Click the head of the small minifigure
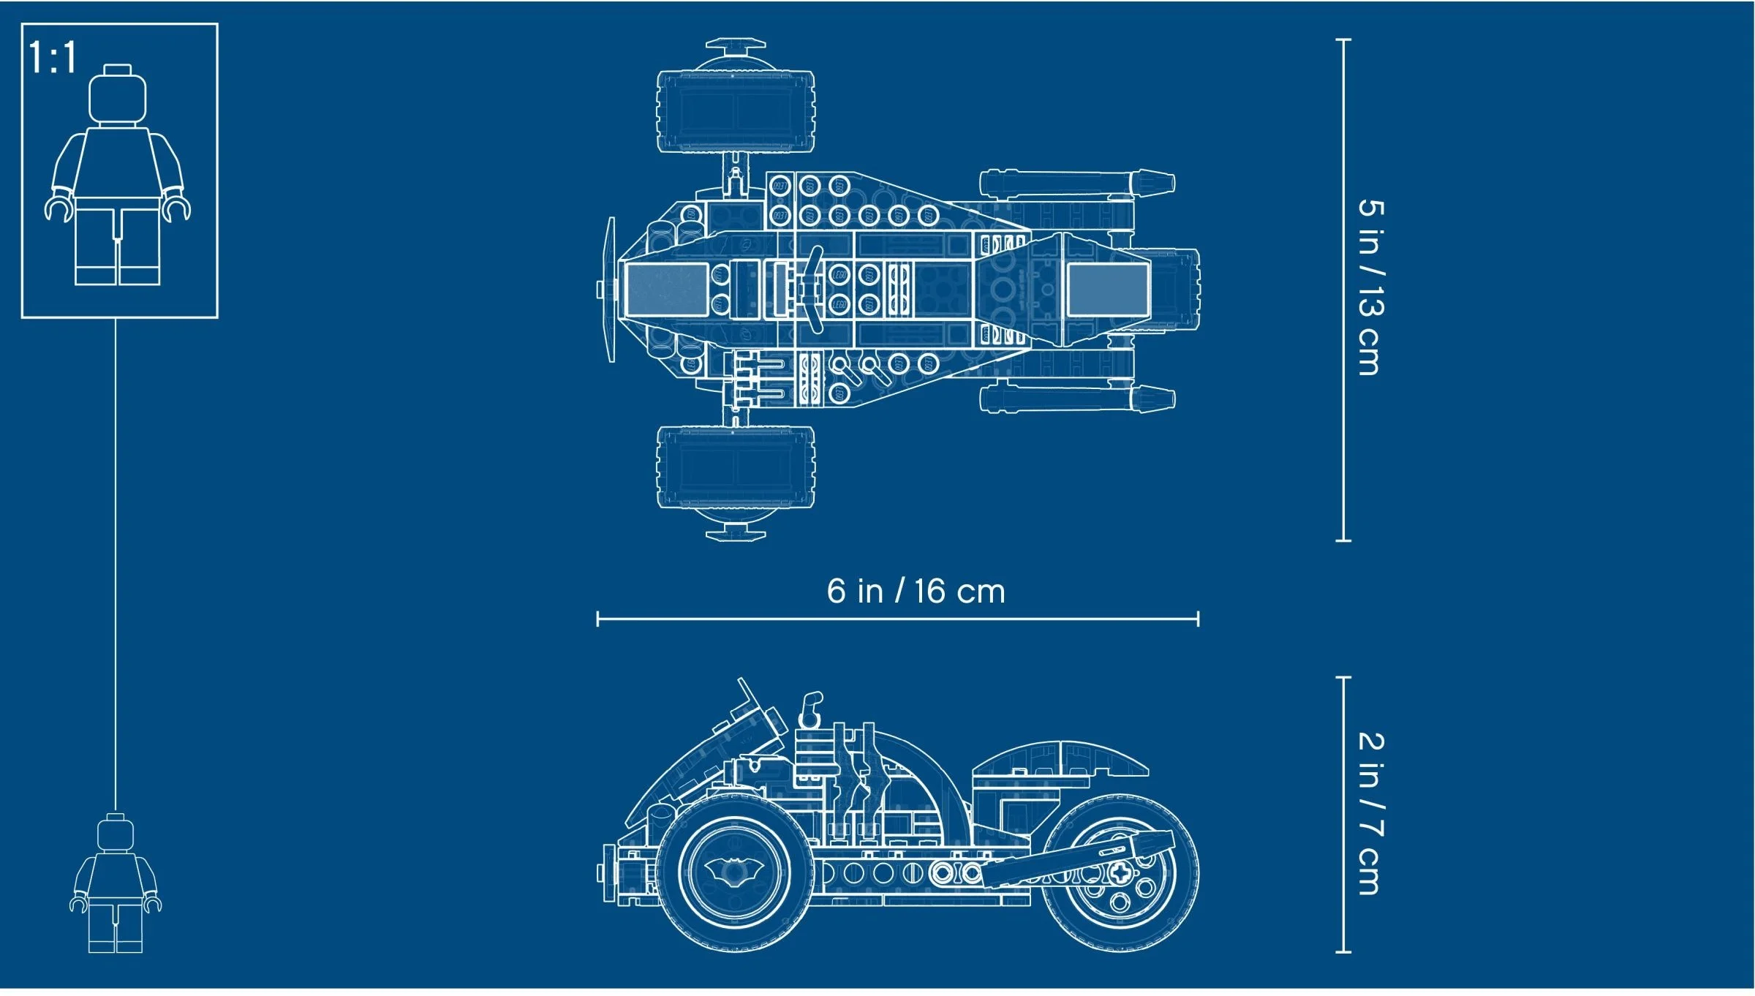coord(116,834)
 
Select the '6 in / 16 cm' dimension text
coord(916,591)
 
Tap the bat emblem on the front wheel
coord(734,870)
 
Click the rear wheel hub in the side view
coord(1119,872)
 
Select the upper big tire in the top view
coord(736,111)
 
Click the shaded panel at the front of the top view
coord(666,290)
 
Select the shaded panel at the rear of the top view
coord(1107,290)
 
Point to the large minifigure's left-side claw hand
coord(58,208)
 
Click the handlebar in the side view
coord(810,708)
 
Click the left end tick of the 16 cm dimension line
coord(598,619)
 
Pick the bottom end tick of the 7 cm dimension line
coord(1343,951)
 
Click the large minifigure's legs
coord(117,245)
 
